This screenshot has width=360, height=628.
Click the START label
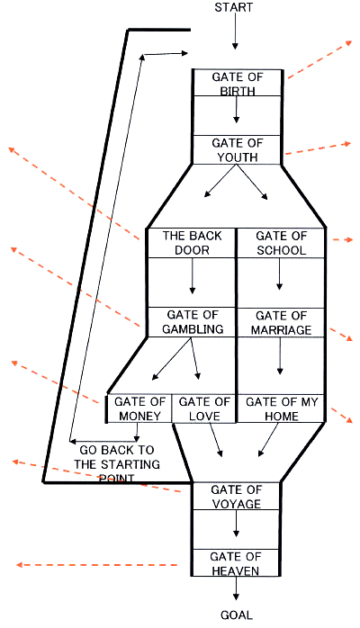click(234, 7)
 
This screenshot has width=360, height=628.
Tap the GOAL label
click(237, 615)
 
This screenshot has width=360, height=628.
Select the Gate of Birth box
click(238, 83)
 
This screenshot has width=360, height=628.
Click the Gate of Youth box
click(238, 149)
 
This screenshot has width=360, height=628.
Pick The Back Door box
click(192, 243)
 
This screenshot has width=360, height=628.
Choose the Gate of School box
click(281, 243)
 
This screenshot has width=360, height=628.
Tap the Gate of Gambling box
click(192, 322)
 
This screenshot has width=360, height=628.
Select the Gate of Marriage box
click(281, 322)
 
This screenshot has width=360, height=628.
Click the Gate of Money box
click(139, 408)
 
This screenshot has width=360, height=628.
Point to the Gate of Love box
click(203, 408)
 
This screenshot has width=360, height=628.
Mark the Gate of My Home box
click(281, 408)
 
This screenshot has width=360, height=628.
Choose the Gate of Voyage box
click(237, 497)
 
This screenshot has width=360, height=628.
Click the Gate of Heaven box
click(236, 562)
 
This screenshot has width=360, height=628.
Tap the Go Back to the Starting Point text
click(116, 463)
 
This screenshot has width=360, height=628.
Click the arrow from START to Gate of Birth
click(235, 31)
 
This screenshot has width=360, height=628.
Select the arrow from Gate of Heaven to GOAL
click(236, 591)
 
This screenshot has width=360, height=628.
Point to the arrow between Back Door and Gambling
click(193, 275)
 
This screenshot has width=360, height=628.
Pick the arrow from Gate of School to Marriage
click(280, 274)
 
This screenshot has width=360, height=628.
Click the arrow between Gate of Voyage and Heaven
click(236, 524)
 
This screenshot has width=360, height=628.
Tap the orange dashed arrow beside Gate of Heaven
click(97, 565)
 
